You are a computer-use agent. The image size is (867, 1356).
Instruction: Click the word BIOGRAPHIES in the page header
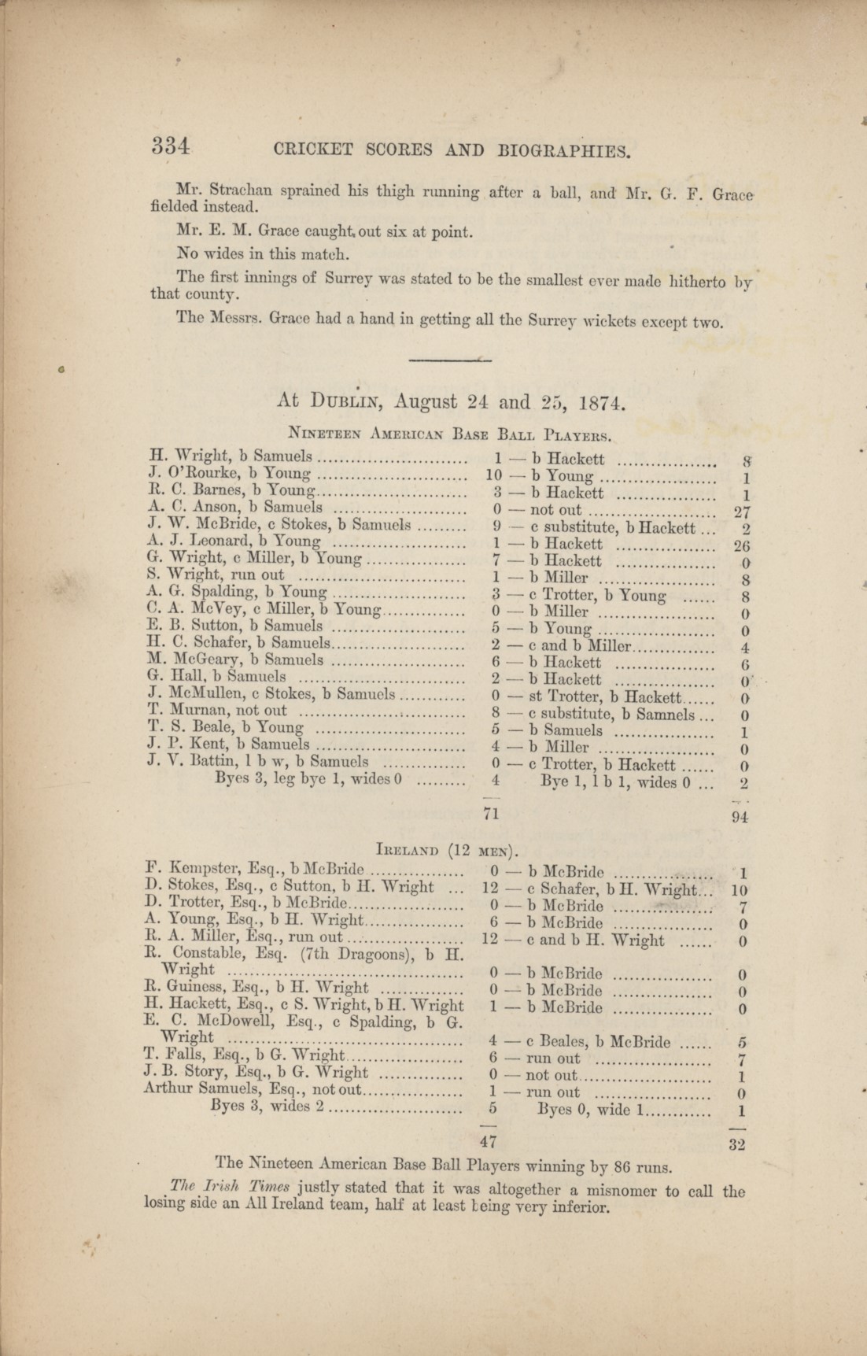564,150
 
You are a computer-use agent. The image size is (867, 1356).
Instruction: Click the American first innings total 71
491,813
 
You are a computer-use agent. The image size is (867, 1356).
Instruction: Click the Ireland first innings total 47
490,1140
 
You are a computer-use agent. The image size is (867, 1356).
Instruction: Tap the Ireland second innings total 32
736,1144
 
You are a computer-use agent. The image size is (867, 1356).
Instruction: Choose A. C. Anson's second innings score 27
741,512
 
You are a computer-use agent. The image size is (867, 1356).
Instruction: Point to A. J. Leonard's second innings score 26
741,545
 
